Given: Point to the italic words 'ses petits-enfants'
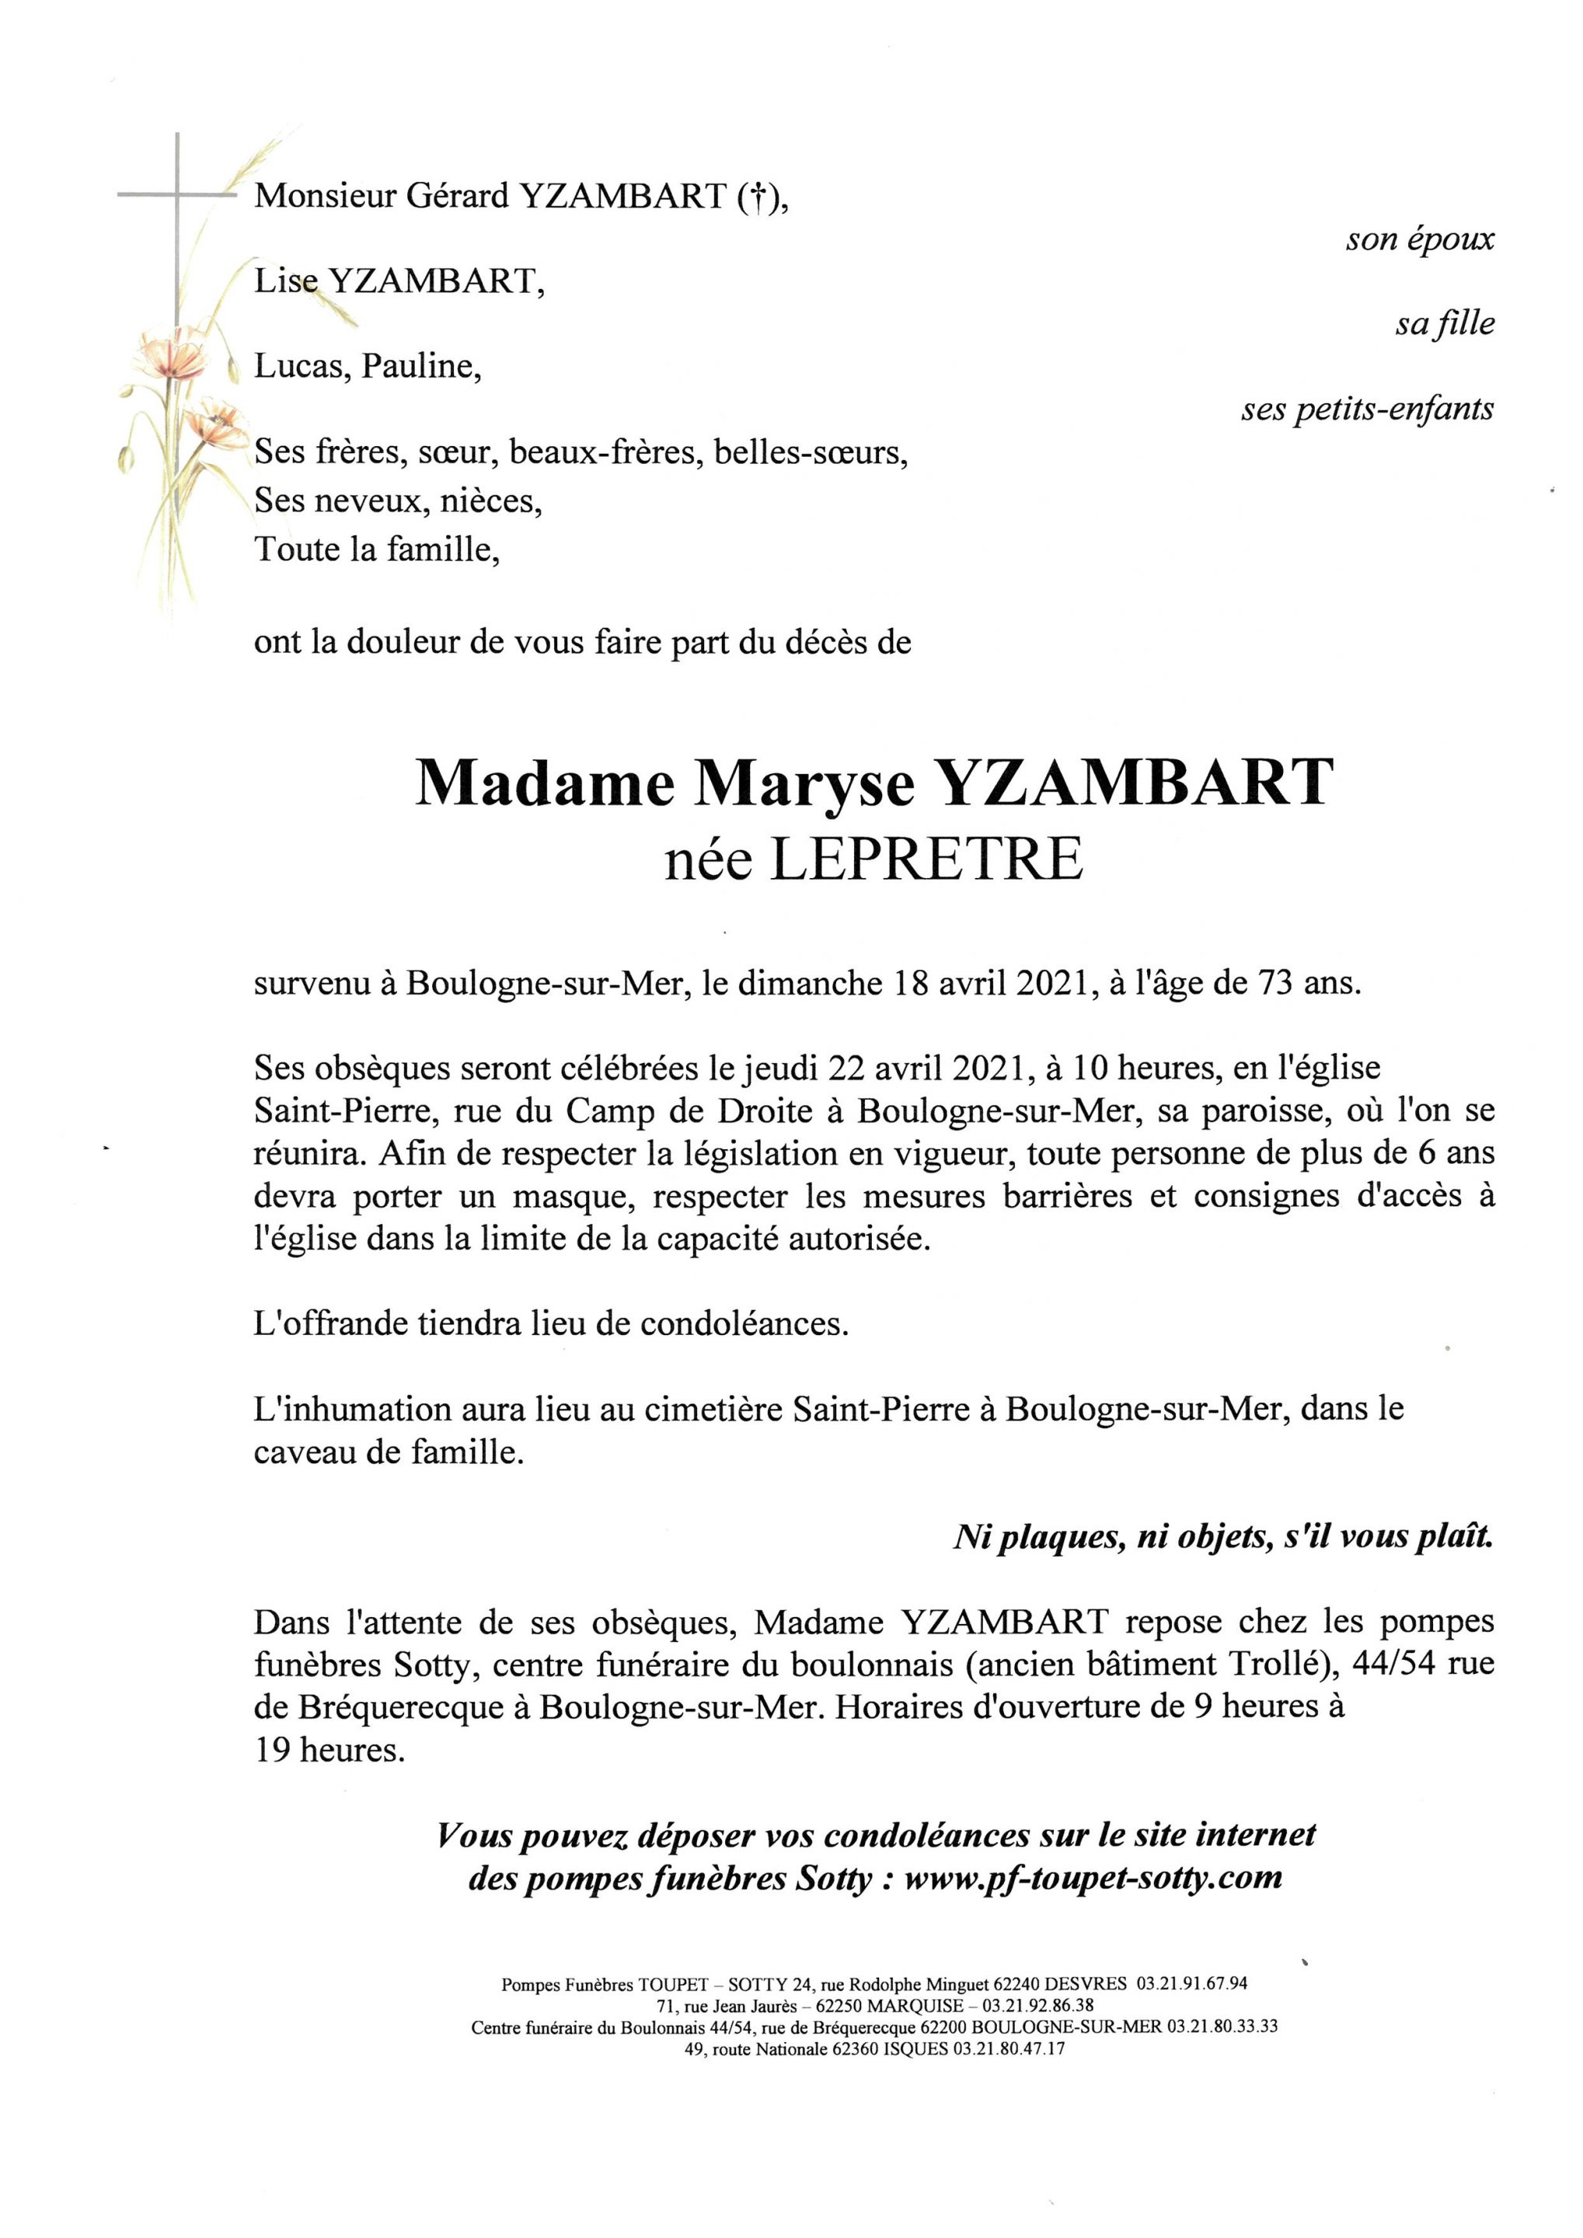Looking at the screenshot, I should coord(1368,410).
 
